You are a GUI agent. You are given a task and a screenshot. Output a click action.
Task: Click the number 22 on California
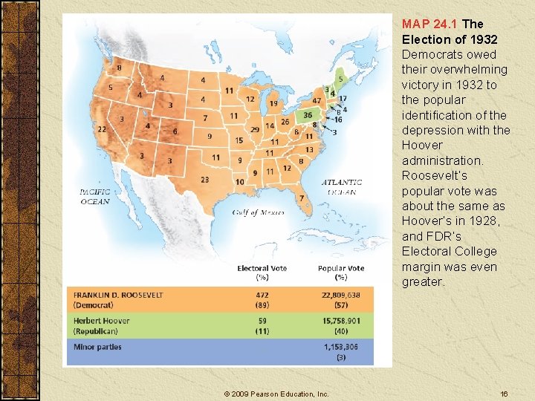click(x=102, y=129)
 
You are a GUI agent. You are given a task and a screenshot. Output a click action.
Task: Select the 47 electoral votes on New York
click(x=317, y=100)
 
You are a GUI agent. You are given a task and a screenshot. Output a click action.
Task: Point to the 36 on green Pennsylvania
click(x=308, y=115)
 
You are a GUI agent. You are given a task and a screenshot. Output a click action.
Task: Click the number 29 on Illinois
click(x=256, y=128)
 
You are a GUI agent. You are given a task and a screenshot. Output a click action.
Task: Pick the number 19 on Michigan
click(x=273, y=104)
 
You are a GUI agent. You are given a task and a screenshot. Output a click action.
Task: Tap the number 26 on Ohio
click(x=285, y=122)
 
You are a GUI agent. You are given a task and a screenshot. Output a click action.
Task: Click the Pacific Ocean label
click(x=95, y=196)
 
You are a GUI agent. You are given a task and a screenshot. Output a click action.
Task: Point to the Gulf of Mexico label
click(x=258, y=212)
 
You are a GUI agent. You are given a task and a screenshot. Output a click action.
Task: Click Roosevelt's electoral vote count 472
click(x=262, y=295)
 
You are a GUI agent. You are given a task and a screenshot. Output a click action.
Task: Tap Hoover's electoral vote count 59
click(x=262, y=321)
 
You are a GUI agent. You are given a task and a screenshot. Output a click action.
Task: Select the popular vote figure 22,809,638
click(x=340, y=295)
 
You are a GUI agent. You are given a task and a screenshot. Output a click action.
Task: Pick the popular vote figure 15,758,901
click(x=340, y=321)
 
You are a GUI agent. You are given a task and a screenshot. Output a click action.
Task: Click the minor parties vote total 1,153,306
click(x=340, y=347)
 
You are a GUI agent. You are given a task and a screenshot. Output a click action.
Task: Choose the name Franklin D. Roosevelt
click(x=117, y=295)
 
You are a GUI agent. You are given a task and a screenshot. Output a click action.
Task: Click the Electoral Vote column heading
click(x=262, y=268)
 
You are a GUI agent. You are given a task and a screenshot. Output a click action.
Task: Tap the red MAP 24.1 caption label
click(x=430, y=24)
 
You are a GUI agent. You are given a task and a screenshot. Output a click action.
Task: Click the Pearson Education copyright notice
click(x=276, y=394)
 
